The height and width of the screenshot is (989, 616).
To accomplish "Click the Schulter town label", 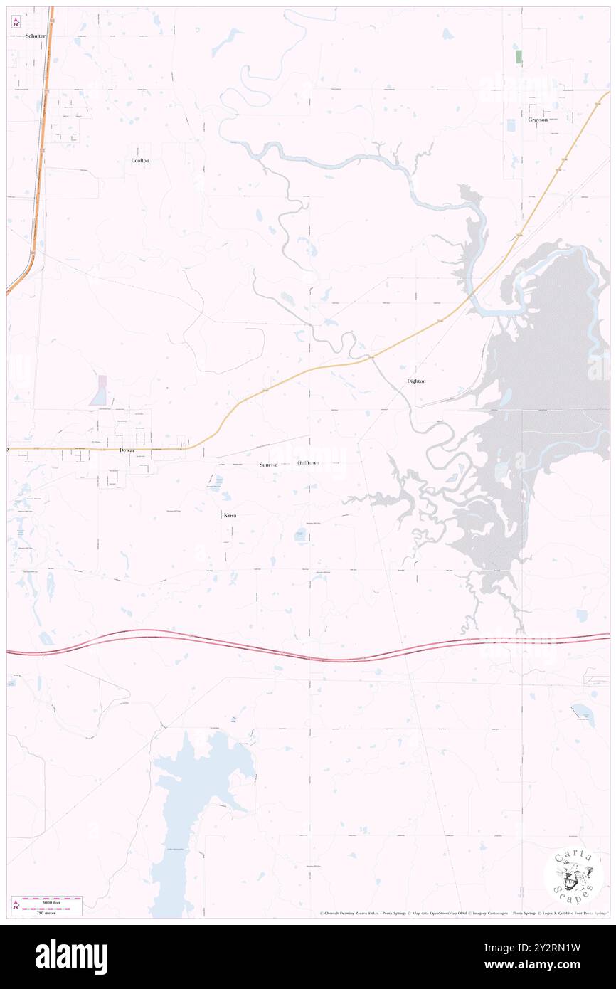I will pyautogui.click(x=35, y=36).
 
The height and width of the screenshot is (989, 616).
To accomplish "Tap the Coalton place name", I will pyautogui.click(x=140, y=161).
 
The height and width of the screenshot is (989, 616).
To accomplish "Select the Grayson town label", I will pyautogui.click(x=538, y=120).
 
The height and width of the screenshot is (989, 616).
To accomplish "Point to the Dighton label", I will pyautogui.click(x=416, y=381).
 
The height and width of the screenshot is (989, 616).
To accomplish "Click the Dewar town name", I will pyautogui.click(x=127, y=451).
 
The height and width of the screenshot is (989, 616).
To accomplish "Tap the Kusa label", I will pyautogui.click(x=230, y=514).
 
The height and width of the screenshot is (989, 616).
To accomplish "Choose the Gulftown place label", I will pyautogui.click(x=308, y=463).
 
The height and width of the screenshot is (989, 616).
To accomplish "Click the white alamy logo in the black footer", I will pyautogui.click(x=71, y=957).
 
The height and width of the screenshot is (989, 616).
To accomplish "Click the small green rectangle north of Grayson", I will pyautogui.click(x=519, y=57).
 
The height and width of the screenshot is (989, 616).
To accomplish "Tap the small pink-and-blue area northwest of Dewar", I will pyautogui.click(x=99, y=390).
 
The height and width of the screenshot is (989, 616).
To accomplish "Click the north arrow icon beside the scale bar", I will pyautogui.click(x=15, y=906).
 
